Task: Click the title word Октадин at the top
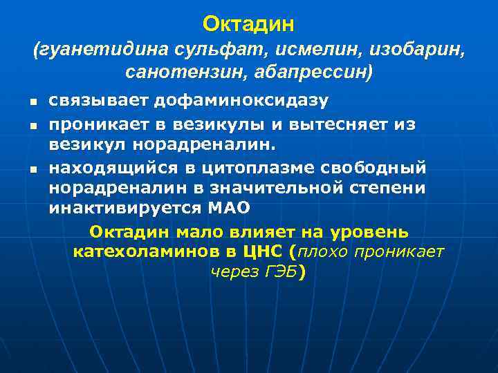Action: tap(249, 24)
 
